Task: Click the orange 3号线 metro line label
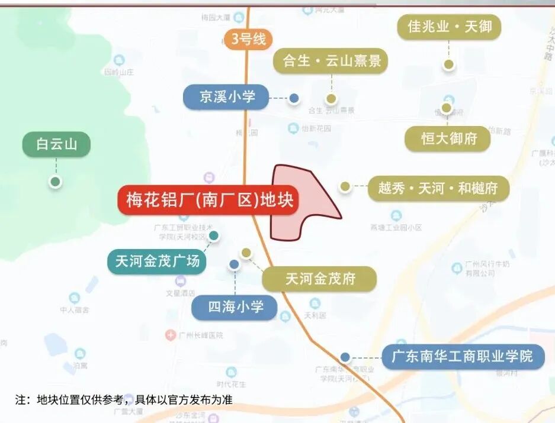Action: pyautogui.click(x=248, y=40)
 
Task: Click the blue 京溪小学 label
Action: pyautogui.click(x=226, y=97)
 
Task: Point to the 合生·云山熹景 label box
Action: pyautogui.click(x=331, y=61)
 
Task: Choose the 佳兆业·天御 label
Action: pyautogui.click(x=449, y=27)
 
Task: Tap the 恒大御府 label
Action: pyautogui.click(x=448, y=139)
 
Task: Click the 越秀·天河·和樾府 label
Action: pyautogui.click(x=438, y=189)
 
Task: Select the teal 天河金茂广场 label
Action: pyautogui.click(x=157, y=261)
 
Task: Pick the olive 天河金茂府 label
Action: pyautogui.click(x=319, y=279)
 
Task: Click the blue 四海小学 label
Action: pyautogui.click(x=235, y=307)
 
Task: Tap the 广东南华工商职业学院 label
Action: pyautogui.click(x=463, y=356)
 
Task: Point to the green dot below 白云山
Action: pyautogui.click(x=55, y=182)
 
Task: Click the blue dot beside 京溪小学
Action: pyautogui.click(x=294, y=98)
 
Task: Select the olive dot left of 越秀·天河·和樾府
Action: pyautogui.click(x=345, y=186)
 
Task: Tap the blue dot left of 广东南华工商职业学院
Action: pyautogui.click(x=345, y=357)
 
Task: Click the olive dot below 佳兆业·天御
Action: pyautogui.click(x=449, y=64)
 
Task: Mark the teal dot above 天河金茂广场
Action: pyautogui.click(x=214, y=235)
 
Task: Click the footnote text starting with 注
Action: pyautogui.click(x=124, y=400)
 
